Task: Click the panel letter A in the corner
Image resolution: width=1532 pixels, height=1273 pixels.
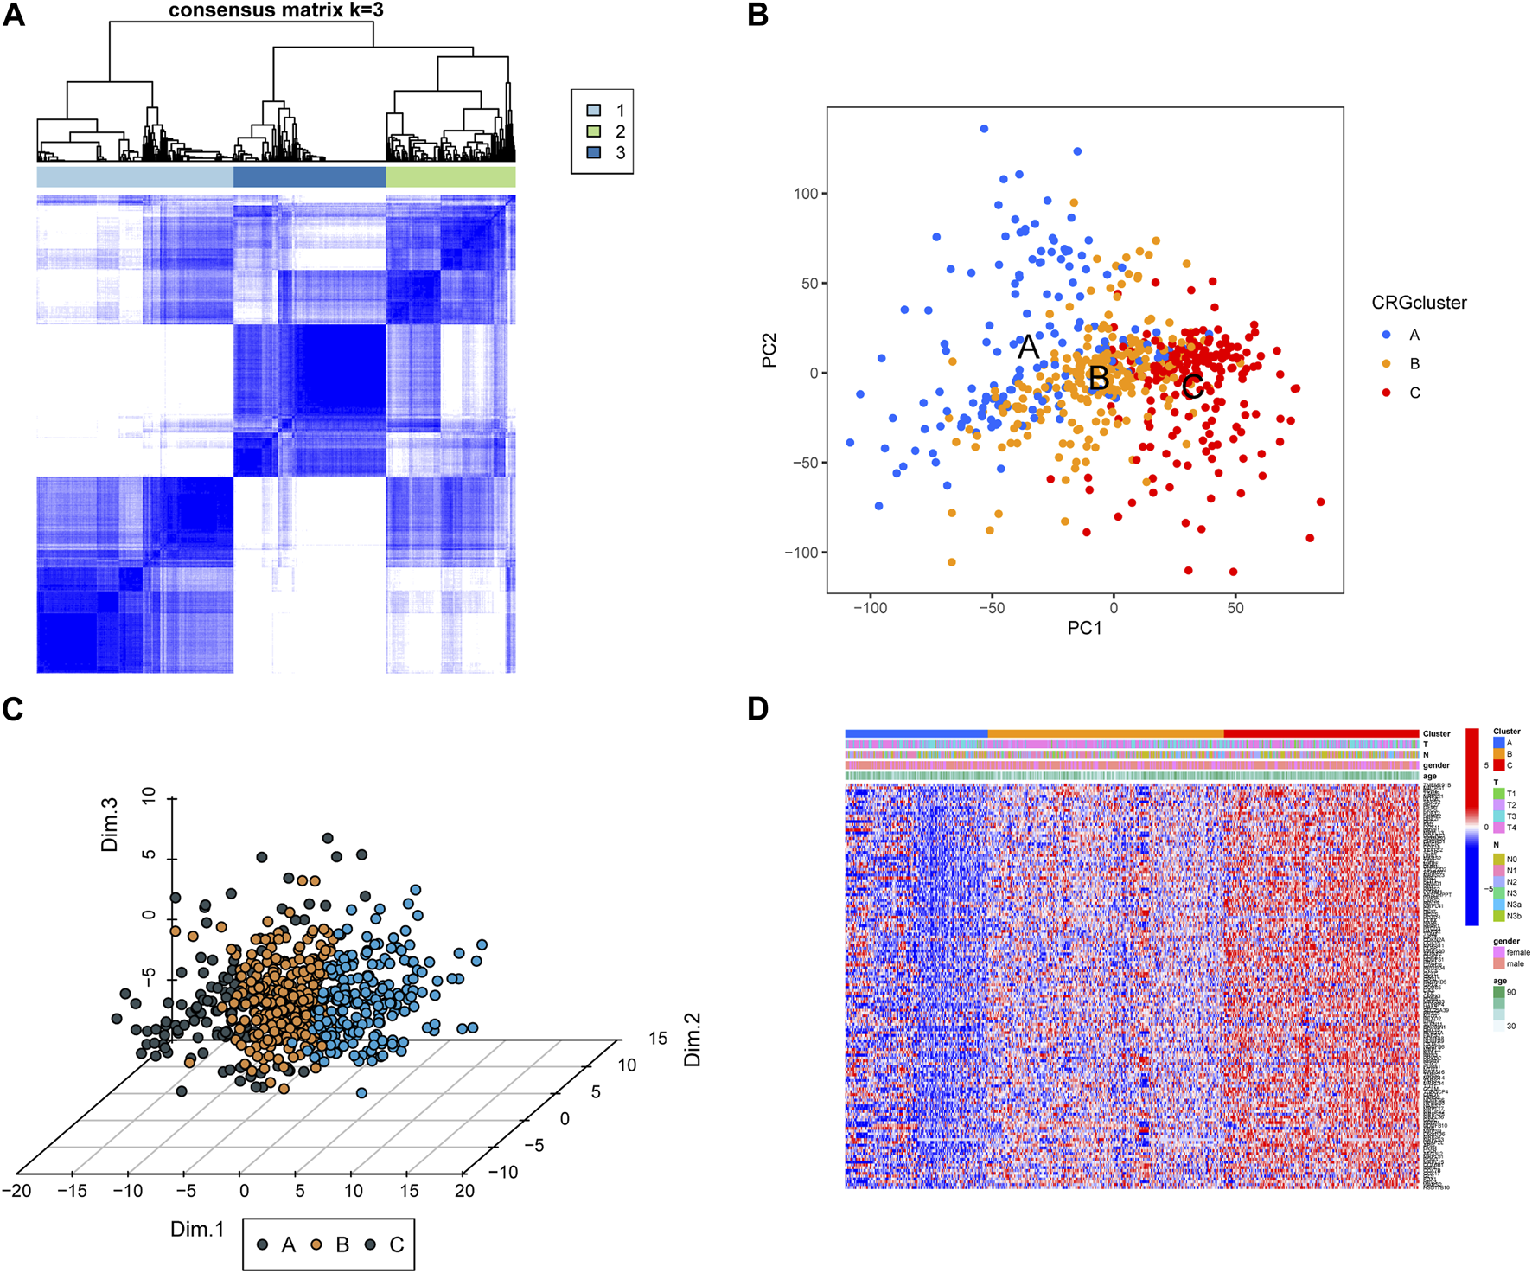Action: (x=14, y=15)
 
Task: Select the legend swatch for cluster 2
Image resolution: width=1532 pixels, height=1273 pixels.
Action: (x=594, y=131)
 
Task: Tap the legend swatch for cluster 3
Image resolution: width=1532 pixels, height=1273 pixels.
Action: (x=594, y=152)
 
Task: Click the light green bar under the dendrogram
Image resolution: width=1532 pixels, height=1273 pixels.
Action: (x=450, y=177)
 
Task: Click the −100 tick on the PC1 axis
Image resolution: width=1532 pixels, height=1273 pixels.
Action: (x=870, y=608)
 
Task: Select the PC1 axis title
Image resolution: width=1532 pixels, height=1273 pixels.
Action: (x=1084, y=629)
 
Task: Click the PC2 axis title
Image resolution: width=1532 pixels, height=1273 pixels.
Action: (x=769, y=350)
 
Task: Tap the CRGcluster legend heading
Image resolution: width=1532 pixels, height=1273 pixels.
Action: (x=1419, y=303)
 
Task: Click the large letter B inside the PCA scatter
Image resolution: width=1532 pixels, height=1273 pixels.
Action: (x=1098, y=379)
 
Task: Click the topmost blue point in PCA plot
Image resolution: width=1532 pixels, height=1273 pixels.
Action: (x=984, y=129)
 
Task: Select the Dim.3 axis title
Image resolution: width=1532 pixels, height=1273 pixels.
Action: (x=110, y=825)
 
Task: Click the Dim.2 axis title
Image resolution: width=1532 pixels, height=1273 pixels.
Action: (x=692, y=1040)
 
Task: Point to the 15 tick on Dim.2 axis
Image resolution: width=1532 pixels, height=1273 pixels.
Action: (x=658, y=1039)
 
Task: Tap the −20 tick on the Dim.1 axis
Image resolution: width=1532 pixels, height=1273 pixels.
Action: (x=16, y=1191)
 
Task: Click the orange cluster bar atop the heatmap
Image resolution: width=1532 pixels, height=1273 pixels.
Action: (x=1105, y=733)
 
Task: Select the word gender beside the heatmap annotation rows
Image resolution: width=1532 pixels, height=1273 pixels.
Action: (x=1436, y=765)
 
